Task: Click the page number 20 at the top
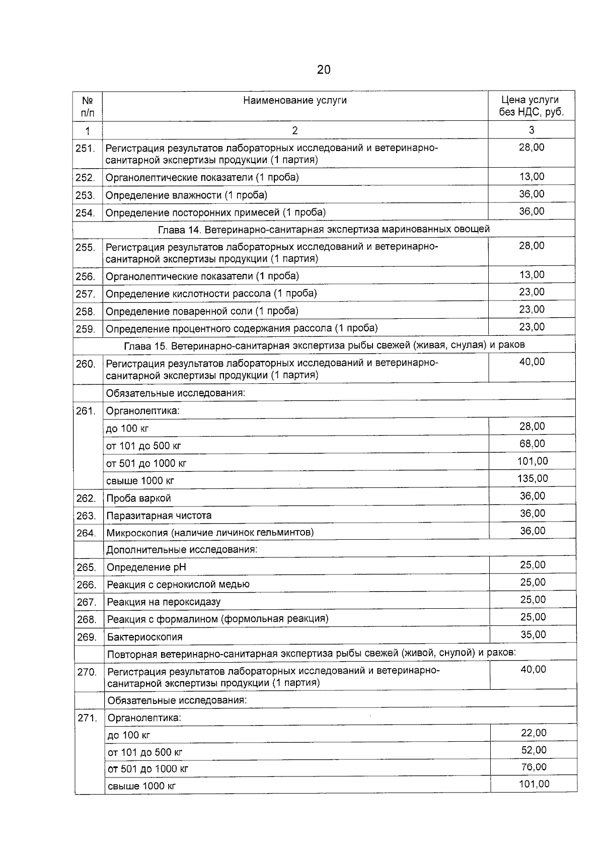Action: point(324,69)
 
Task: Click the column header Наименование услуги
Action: point(295,100)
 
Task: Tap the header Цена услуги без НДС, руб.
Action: point(531,106)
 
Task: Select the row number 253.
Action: point(86,195)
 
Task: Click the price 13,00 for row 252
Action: point(532,177)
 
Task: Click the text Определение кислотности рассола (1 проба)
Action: point(211,293)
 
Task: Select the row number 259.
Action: point(86,329)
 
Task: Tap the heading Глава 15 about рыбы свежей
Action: point(324,345)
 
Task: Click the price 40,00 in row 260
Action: point(532,362)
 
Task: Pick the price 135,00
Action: point(533,478)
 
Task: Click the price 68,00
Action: point(532,444)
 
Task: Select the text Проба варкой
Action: point(138,498)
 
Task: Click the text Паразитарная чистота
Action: point(159,516)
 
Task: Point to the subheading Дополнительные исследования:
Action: point(181,549)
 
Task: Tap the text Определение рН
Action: point(146,567)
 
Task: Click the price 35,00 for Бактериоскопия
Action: point(533,634)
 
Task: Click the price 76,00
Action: point(534,767)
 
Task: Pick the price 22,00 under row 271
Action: point(534,733)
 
